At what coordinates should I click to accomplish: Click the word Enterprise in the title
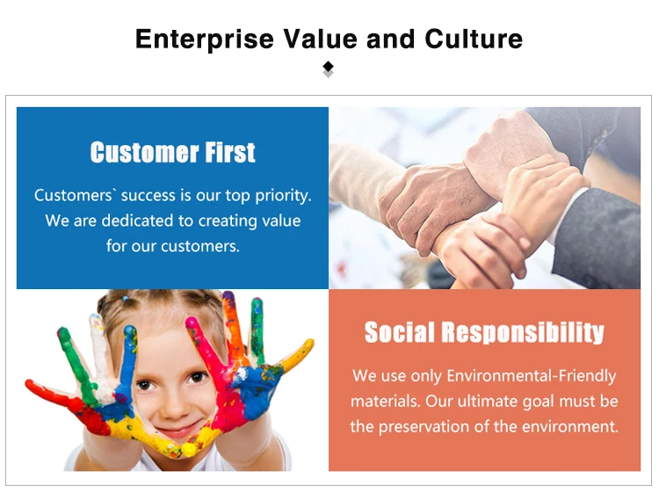coord(205,40)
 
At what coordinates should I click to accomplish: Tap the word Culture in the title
coord(474,39)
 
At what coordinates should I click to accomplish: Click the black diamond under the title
coord(329,67)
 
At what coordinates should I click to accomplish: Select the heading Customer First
coord(173,152)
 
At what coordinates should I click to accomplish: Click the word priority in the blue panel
coord(283,196)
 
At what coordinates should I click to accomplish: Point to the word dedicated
coord(141,221)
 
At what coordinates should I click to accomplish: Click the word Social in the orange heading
coord(399,333)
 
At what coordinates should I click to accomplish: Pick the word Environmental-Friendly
coord(532,375)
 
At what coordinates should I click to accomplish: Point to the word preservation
coord(424,427)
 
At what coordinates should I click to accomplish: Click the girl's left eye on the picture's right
coord(196,376)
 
